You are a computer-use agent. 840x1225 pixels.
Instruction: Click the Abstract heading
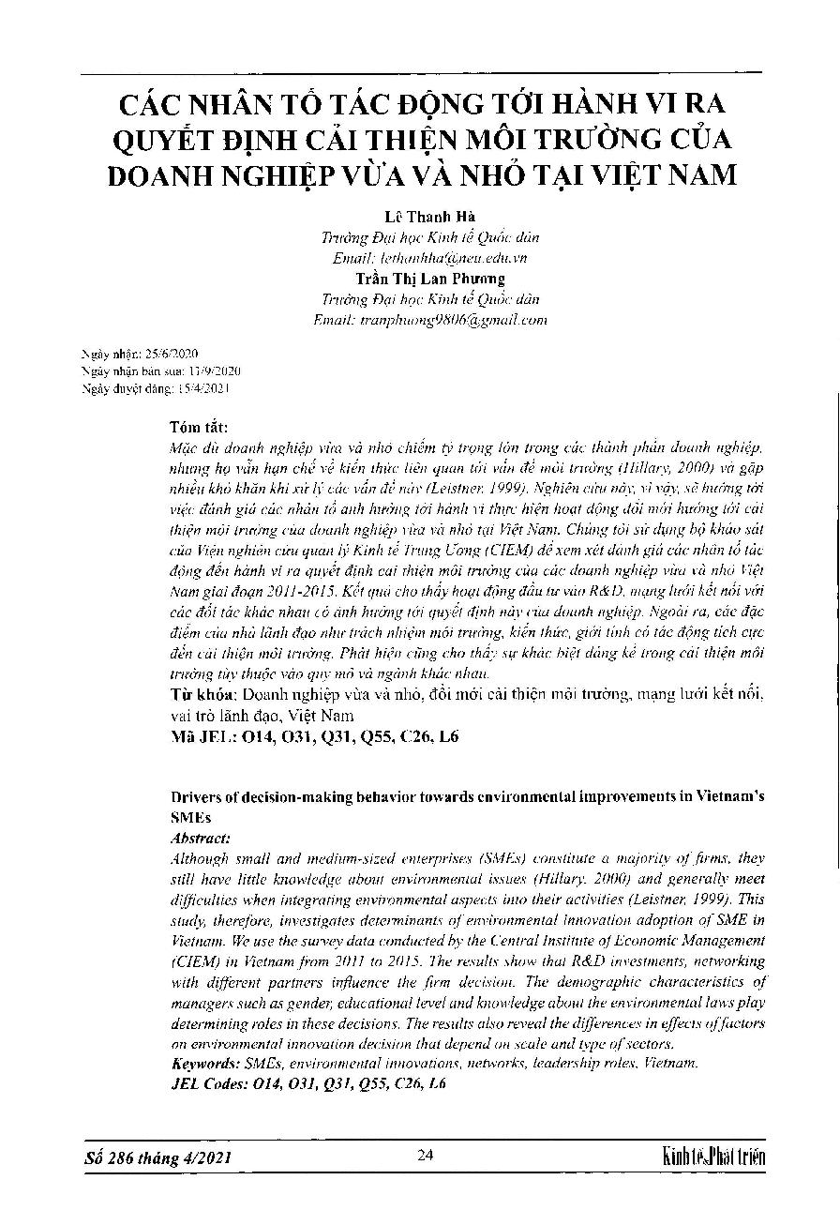200,839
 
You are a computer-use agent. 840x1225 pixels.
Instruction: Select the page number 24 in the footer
426,1156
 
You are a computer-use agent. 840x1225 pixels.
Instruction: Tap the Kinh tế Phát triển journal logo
712,1157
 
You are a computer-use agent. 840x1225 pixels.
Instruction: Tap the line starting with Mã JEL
316,737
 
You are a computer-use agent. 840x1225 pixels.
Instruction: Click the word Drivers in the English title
195,797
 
